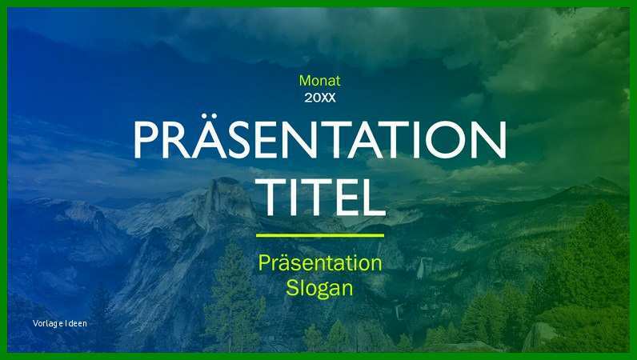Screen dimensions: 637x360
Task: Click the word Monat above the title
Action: pos(320,81)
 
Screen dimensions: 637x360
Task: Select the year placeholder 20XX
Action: pos(320,98)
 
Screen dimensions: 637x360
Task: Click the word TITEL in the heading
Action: pos(321,197)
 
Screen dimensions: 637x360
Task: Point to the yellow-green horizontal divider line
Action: pos(320,235)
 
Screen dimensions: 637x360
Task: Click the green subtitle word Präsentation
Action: pos(320,263)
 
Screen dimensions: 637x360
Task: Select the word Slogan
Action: pos(320,289)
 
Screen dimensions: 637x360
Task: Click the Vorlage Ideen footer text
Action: pos(60,323)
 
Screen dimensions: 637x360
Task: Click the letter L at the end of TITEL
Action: pos(373,197)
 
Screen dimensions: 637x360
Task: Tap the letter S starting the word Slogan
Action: pos(293,288)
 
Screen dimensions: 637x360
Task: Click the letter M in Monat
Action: pos(305,81)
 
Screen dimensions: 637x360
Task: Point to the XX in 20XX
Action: pos(328,98)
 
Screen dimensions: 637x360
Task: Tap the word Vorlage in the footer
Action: pos(48,323)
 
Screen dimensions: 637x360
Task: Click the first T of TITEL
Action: pos(272,197)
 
